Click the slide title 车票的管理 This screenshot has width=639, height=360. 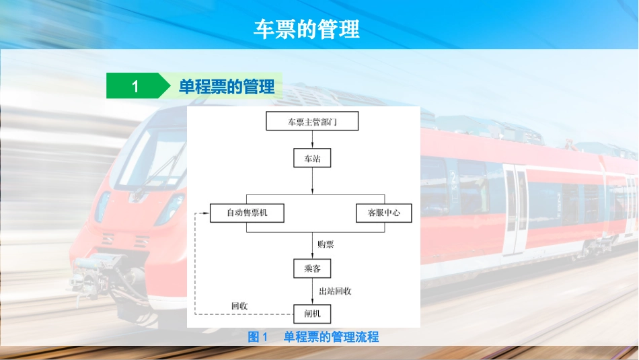coord(307,29)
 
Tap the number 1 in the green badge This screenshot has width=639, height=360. coord(135,86)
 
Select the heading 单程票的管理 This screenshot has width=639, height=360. coord(227,87)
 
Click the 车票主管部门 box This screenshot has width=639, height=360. coord(312,122)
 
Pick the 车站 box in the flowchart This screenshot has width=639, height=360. coord(313,158)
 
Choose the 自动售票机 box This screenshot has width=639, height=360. coord(247,213)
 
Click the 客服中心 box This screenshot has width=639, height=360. coord(383,213)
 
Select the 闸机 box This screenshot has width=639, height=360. coord(313,314)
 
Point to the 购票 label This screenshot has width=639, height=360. coord(326,244)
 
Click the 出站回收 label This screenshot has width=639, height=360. coord(335,291)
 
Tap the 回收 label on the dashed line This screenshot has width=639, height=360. coord(239,306)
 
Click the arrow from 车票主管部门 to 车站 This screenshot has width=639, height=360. coord(313,140)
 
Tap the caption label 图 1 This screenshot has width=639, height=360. coord(258,337)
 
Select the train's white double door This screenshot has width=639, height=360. coord(515,209)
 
